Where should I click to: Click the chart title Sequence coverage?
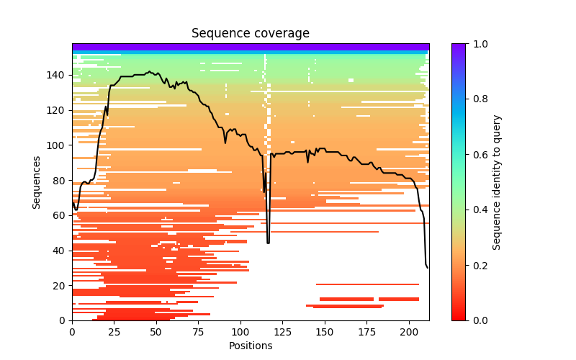250,33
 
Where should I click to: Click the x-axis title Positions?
250,346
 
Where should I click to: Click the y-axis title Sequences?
36,181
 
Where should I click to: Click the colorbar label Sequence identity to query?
497,181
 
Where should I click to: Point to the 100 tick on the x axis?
240,320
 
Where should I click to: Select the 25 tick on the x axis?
114,320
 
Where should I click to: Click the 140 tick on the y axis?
72,75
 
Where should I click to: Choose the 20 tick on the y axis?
72,285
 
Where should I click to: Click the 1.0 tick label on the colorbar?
479,44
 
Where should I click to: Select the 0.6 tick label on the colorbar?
479,154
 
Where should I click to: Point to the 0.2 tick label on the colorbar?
479,265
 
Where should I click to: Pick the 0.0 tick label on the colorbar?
479,320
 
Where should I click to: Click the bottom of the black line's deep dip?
269,242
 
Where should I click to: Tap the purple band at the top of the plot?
250,47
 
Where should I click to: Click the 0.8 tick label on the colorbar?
479,99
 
